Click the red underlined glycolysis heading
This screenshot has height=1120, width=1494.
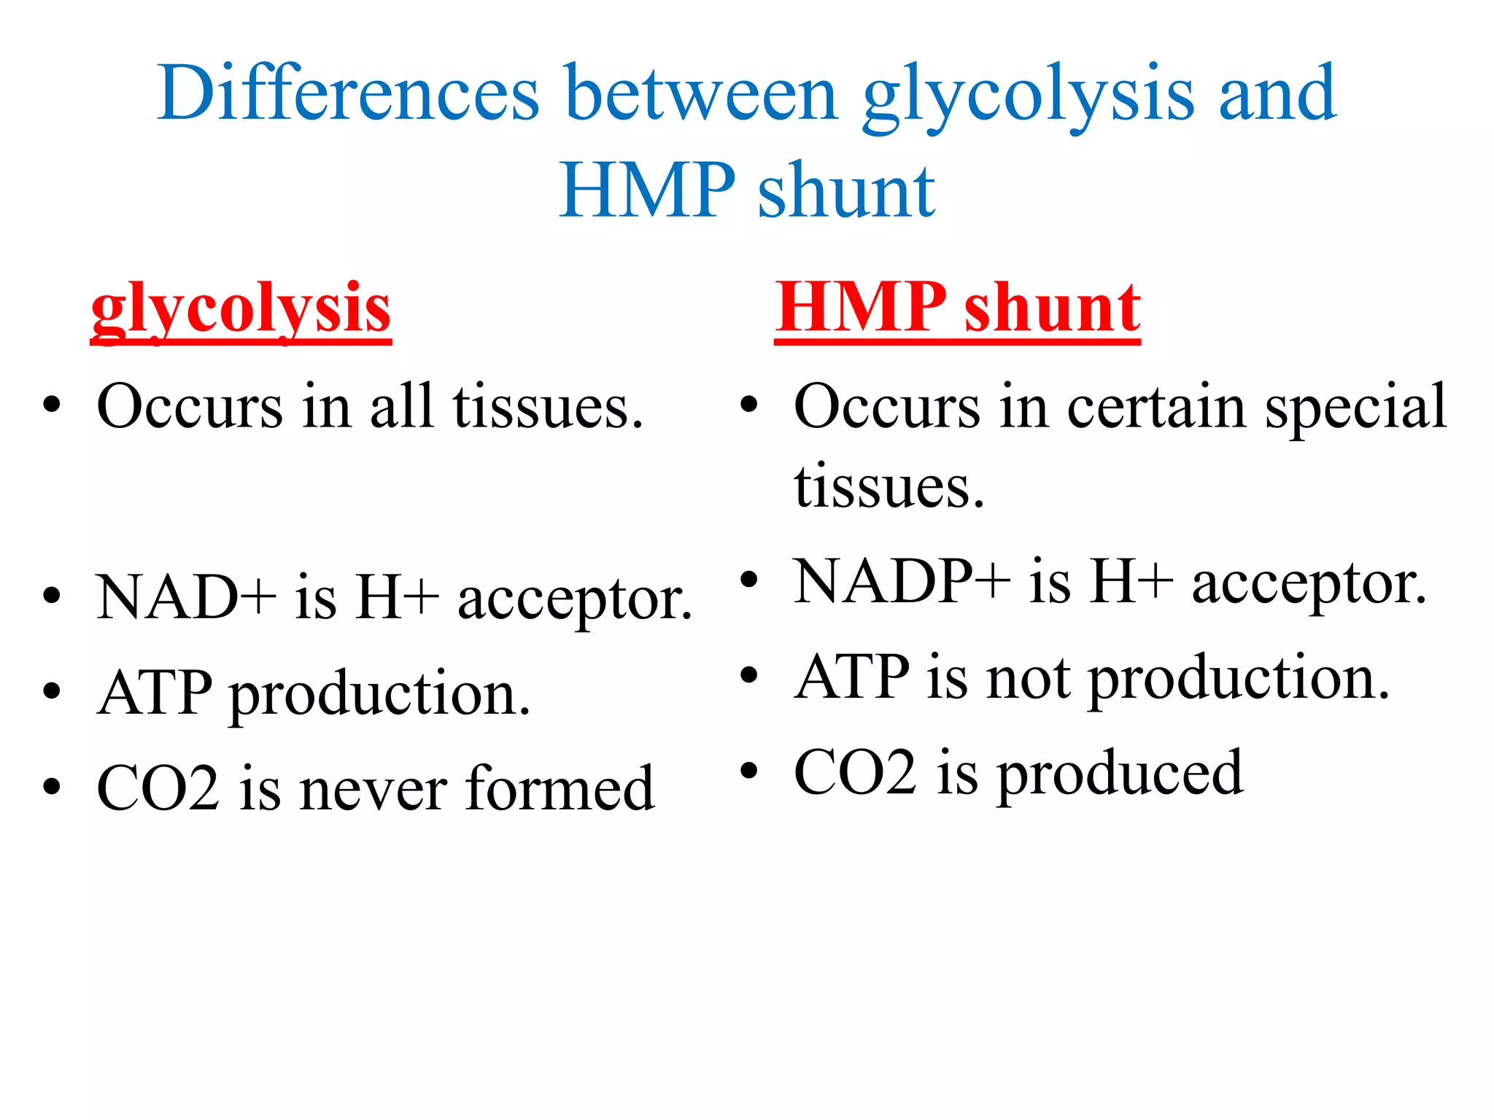[241, 310]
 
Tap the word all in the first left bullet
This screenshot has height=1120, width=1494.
[402, 406]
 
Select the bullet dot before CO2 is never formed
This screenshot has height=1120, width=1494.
[51, 787]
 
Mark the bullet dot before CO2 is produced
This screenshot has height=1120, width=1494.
[749, 770]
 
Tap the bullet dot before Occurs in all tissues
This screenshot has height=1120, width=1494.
[51, 405]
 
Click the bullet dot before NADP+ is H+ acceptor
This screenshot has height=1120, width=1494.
[749, 580]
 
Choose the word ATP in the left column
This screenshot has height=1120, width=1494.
[155, 693]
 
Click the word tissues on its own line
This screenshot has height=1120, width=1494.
[889, 487]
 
